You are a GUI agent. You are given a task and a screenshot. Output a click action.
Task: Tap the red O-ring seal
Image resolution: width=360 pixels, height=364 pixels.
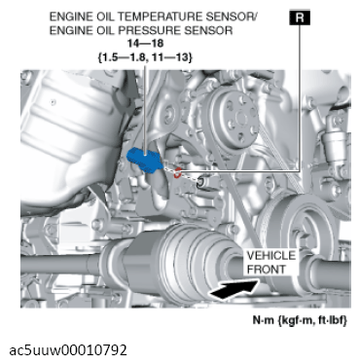[x=177, y=173]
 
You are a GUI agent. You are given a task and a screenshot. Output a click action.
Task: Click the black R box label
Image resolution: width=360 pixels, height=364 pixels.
[x=300, y=18]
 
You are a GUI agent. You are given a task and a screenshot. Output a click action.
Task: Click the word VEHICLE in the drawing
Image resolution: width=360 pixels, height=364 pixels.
[x=271, y=256]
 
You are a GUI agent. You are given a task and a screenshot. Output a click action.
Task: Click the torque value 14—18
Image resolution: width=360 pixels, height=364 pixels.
[x=145, y=44]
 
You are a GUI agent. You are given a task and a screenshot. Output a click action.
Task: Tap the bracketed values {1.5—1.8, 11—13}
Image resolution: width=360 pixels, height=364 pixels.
[x=145, y=57]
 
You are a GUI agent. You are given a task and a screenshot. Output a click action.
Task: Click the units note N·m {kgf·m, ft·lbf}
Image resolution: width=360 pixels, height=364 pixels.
[x=300, y=320]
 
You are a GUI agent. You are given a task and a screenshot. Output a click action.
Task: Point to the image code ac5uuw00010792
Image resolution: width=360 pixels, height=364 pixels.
[x=68, y=350]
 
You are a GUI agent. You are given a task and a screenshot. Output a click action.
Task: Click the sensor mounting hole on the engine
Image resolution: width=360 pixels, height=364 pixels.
[x=201, y=182]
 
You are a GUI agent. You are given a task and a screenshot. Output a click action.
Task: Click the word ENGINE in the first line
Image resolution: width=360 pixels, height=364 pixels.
[x=68, y=17]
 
